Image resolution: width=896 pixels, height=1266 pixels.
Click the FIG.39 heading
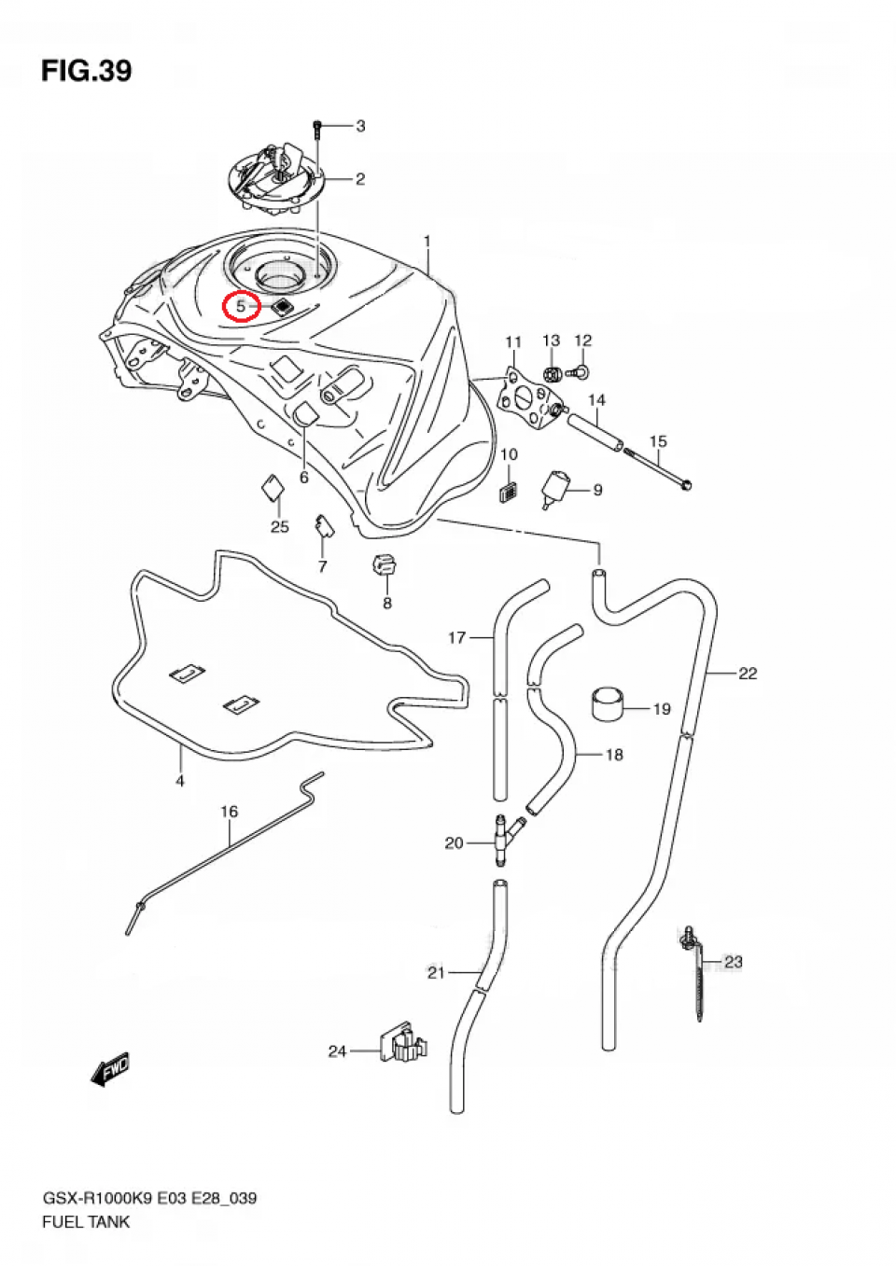(x=86, y=71)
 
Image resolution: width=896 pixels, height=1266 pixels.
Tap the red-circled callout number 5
(x=241, y=306)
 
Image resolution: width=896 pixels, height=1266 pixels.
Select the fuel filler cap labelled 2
(x=276, y=179)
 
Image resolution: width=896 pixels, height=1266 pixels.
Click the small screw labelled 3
(x=318, y=128)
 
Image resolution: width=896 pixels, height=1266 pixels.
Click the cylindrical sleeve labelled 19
(x=608, y=703)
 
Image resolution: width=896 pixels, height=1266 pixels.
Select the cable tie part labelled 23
(x=695, y=970)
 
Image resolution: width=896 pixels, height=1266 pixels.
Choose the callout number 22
(x=748, y=673)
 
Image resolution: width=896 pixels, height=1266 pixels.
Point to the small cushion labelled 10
(x=509, y=492)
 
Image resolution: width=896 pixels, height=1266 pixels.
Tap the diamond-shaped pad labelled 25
(x=273, y=488)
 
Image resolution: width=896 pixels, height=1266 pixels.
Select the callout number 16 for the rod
(x=230, y=812)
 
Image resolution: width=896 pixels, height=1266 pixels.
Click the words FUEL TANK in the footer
(x=86, y=1221)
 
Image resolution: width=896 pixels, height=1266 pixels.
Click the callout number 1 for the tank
(x=427, y=242)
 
